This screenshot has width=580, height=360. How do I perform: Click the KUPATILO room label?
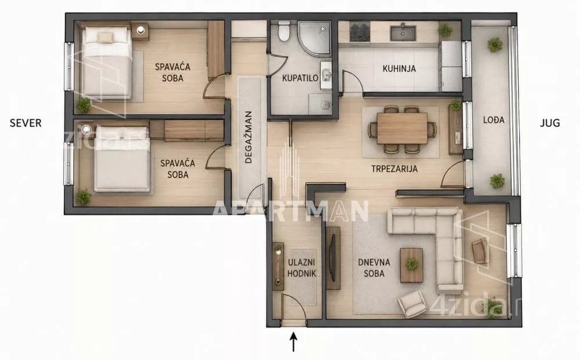pos(300,78)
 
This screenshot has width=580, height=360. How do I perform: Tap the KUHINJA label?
pos(399,68)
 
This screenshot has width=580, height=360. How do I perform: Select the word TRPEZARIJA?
pos(394,169)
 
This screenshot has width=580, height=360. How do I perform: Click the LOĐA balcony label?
pos(494,120)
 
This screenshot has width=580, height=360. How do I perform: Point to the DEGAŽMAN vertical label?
pos(249,137)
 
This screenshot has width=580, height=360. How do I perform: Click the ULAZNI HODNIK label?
pos(302,268)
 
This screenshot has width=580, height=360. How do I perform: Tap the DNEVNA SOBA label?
pos(374,268)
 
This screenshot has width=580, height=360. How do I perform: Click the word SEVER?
pos(26,123)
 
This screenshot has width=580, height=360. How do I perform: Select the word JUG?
pos(550,123)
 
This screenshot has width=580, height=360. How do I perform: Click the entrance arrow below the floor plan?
pos(293,342)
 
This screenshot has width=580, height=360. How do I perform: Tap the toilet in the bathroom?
pos(284,31)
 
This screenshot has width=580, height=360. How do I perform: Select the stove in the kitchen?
pos(360,32)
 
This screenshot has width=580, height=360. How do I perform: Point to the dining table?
pos(402,128)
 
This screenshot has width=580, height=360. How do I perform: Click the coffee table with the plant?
pos(411,265)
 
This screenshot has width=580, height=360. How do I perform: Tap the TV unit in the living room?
pos(333,258)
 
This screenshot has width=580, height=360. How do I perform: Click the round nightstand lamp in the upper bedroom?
pos(140,30)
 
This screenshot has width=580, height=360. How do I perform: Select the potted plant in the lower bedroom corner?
pos(84,197)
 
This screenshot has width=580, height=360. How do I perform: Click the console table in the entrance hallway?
pos(278,266)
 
